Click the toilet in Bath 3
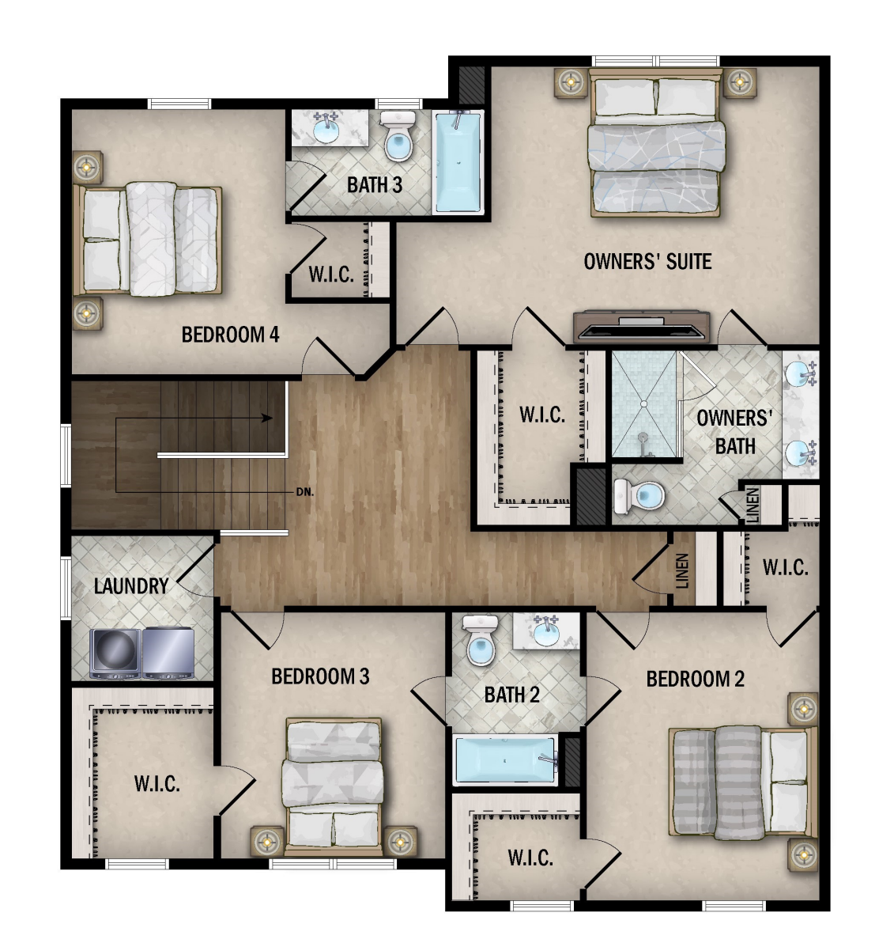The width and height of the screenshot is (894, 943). [397, 136]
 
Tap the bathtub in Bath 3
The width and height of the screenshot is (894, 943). [458, 161]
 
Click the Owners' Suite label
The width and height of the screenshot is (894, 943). [647, 262]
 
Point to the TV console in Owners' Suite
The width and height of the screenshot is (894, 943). [641, 326]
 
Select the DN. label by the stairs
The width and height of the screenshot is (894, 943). [304, 492]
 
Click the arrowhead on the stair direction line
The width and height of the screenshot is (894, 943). [267, 418]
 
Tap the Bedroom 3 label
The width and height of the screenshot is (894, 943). [320, 676]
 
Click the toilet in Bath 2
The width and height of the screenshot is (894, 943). [480, 640]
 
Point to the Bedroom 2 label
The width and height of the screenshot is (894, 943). [695, 680]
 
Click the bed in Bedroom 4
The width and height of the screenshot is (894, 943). [147, 240]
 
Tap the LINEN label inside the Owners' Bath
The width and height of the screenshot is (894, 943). [753, 505]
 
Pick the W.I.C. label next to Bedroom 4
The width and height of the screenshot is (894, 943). [331, 275]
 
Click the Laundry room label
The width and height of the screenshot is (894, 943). [131, 586]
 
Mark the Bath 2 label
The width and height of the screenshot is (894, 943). [512, 695]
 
